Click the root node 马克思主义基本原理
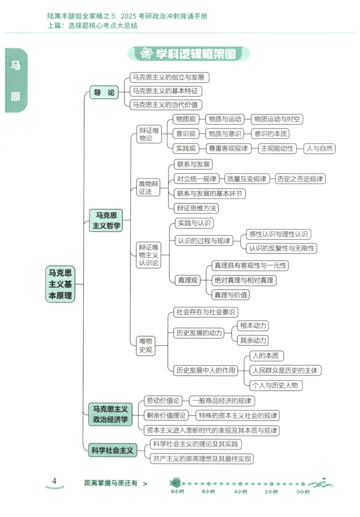pos(60,284)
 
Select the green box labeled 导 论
pos(103,93)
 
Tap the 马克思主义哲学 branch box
pos(107,220)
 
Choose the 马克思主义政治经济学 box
pos(110,414)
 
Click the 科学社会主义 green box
pos(112,450)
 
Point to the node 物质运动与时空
pos(276,119)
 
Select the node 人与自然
pos(319,148)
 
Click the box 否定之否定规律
pos(299,179)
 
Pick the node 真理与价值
pos(231,295)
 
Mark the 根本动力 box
pos(253,325)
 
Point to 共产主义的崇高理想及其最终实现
pos(202,459)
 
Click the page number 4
pos(54,481)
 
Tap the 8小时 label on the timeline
pos(177,492)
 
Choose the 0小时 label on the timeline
pos(303,492)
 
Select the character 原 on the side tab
pos(16,97)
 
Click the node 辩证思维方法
pos(197,208)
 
